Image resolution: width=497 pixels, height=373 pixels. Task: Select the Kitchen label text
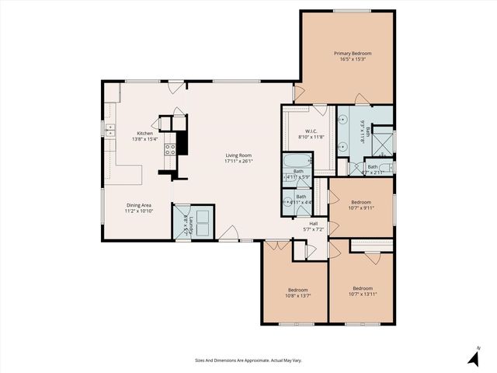145,133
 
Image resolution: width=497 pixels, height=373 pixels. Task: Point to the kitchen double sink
110,135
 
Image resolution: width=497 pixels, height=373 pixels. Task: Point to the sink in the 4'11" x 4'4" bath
286,202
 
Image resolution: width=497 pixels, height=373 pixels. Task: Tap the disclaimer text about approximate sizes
248,360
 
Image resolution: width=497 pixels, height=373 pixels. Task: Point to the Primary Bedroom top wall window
348,11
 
